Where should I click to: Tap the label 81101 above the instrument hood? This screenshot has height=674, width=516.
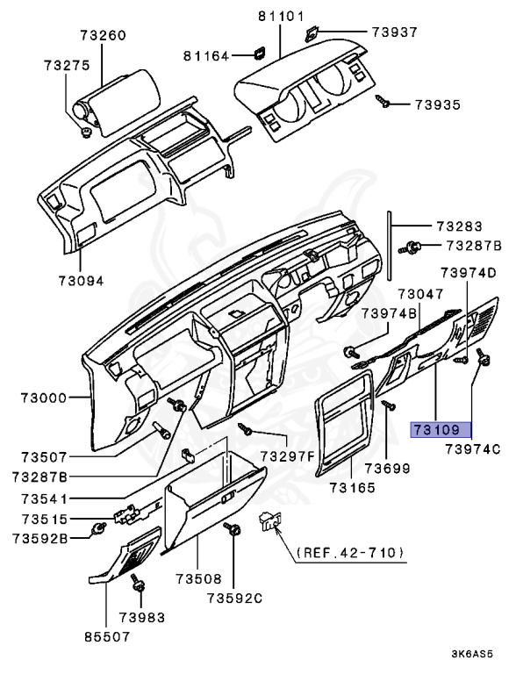coord(281,17)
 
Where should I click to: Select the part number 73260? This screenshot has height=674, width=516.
coord(104,35)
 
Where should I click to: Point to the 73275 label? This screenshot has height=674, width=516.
coord(67,65)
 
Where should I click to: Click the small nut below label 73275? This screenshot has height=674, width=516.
coord(86,132)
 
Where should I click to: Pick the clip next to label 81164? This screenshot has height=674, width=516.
coord(259,53)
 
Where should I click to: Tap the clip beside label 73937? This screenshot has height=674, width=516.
coord(311,34)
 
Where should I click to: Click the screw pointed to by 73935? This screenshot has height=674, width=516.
coord(383,102)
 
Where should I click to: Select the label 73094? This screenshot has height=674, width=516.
coord(82,281)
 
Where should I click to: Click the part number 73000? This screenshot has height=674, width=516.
coord(44,398)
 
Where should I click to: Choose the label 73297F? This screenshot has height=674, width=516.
coord(288,456)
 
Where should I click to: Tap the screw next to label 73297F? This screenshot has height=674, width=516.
coord(245,428)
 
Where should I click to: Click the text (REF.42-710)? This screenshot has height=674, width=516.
coord(350,552)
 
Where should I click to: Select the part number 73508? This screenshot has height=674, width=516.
coord(198,579)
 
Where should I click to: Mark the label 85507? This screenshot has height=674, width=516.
coord(107,636)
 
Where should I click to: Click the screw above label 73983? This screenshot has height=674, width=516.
coord(138,583)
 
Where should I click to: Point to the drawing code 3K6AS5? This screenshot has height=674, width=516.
coord(472,655)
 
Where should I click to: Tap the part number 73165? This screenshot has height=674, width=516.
coord(353,488)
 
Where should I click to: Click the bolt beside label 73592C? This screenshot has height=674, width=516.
coord(233,529)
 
